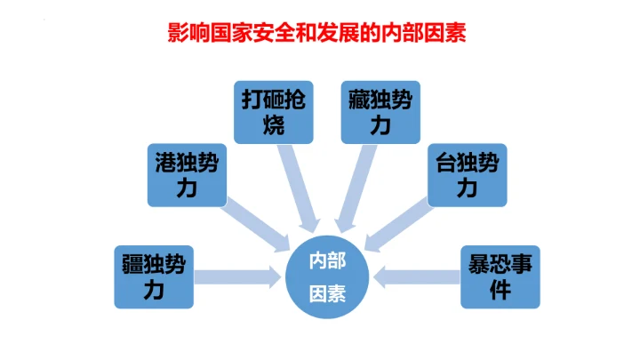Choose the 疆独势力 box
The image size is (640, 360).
[154, 276]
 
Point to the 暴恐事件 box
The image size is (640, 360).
[500, 276]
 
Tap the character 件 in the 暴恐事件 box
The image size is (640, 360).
[500, 289]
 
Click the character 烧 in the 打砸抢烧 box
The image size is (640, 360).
[274, 125]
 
